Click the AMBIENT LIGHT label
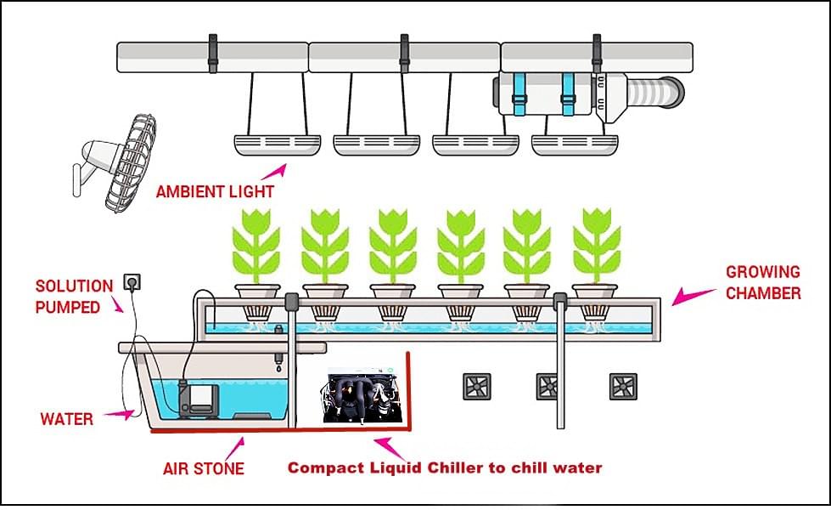215,191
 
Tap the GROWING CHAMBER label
762,282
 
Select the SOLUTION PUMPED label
74,297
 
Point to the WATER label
66,419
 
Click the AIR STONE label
203,468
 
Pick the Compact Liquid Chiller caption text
445,467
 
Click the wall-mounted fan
119,163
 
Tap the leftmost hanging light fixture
277,144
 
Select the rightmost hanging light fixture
574,144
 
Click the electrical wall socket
132,281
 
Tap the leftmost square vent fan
477,387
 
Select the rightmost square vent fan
623,387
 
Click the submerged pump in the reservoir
205,394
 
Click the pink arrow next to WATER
124,414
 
